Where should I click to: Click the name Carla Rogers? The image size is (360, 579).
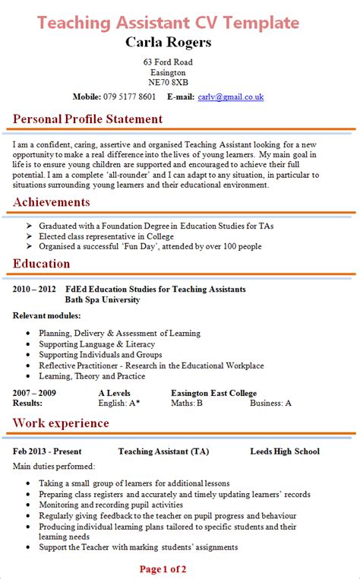169,41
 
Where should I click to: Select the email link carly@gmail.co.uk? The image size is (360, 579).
230,96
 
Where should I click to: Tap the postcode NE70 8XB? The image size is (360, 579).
169,82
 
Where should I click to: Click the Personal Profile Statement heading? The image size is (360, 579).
88,119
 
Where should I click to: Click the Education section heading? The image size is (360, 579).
42,264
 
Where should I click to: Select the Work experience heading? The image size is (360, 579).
62,422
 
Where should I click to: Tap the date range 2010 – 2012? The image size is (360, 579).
34,289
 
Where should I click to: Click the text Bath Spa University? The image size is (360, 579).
103,300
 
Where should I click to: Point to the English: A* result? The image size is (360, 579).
119,403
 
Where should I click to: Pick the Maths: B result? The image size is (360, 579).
186,403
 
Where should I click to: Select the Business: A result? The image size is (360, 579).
271,403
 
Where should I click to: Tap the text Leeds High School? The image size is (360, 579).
285,451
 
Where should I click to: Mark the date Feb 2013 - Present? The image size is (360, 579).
46,451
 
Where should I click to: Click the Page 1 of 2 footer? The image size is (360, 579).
163,568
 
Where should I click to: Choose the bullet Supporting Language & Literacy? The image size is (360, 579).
96,344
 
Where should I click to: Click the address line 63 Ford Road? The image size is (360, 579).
168,62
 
